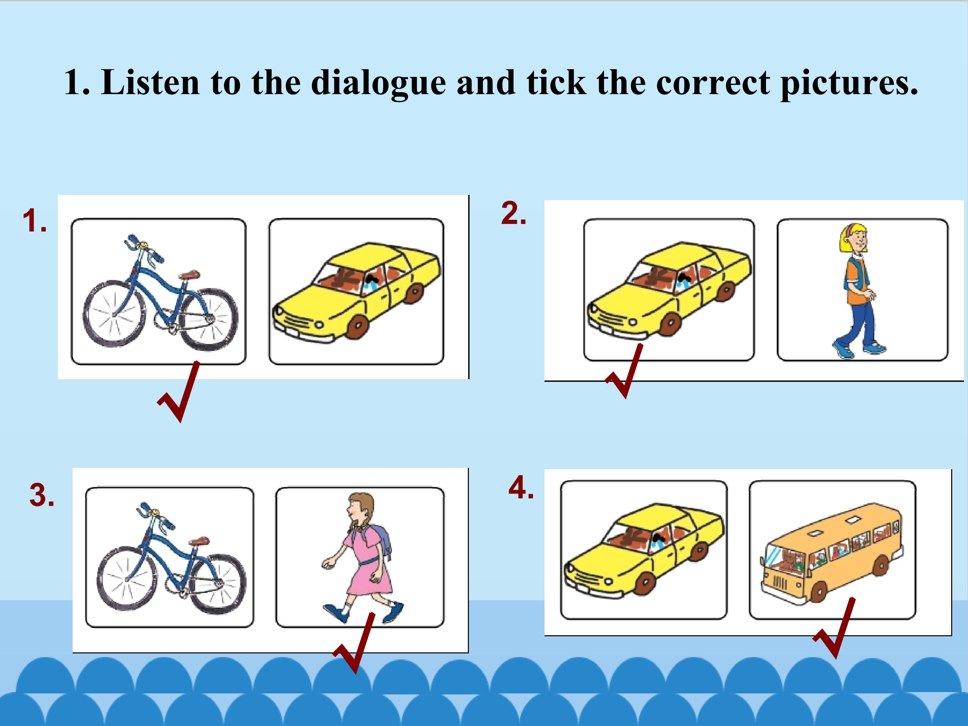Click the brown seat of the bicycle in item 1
[190, 275]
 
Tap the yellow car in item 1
[357, 291]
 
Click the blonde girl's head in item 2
[853, 239]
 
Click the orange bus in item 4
[832, 553]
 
